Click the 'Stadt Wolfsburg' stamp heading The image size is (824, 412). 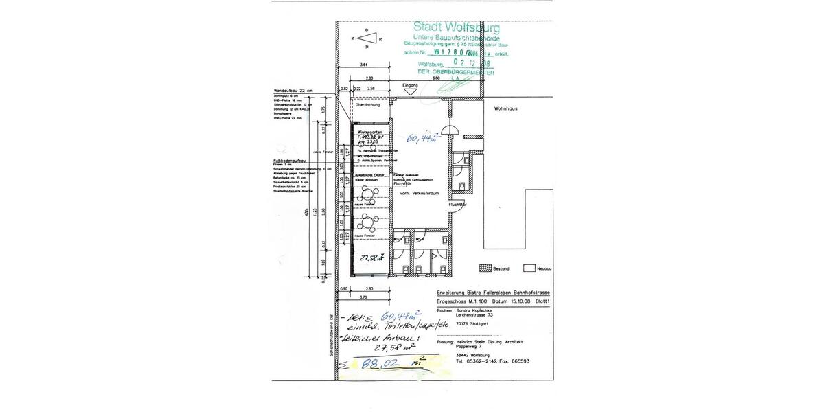click(x=457, y=28)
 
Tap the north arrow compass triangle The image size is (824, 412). click(x=368, y=40)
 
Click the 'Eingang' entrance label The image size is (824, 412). click(x=410, y=85)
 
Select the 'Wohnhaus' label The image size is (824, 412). click(x=505, y=108)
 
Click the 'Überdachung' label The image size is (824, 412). click(x=367, y=106)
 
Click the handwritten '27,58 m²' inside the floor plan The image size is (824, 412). click(x=374, y=258)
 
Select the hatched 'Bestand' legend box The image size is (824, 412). click(x=485, y=268)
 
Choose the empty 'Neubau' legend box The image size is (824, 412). click(x=529, y=268)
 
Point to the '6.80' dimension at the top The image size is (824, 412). click(x=435, y=78)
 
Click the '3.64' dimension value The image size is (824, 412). click(x=363, y=65)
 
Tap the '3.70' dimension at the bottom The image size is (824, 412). click(x=364, y=297)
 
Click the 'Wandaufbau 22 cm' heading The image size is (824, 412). click(x=293, y=91)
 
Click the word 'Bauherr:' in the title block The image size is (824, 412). click(x=446, y=311)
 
